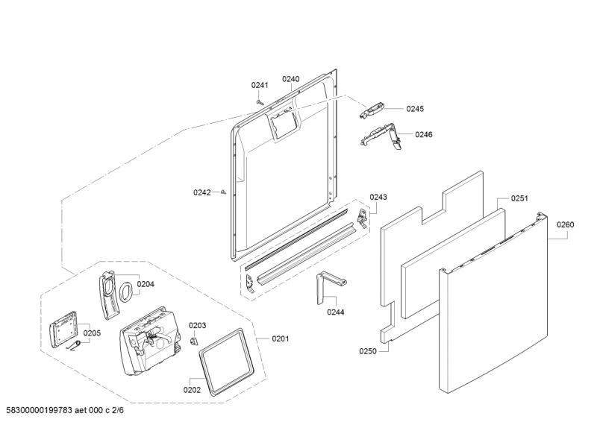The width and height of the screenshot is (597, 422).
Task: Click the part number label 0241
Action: [x=260, y=85]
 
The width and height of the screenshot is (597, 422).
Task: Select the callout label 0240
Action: [x=291, y=79]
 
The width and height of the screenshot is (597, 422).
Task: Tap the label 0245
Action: [x=415, y=109]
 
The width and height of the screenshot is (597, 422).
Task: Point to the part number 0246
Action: [x=424, y=134]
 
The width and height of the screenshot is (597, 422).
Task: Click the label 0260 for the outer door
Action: [x=566, y=224]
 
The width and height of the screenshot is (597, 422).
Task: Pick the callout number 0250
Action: [x=368, y=351]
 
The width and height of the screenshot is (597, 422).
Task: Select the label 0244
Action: [x=335, y=312]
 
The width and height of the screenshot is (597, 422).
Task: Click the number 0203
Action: [x=198, y=325]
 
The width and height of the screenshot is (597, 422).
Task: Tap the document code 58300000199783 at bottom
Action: [x=40, y=410]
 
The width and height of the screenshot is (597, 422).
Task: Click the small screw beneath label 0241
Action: [x=260, y=101]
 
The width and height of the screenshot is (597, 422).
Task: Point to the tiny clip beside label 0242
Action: [x=224, y=192]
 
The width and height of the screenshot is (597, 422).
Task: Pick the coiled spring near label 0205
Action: [x=75, y=346]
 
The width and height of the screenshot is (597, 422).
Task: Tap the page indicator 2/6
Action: [x=119, y=410]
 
